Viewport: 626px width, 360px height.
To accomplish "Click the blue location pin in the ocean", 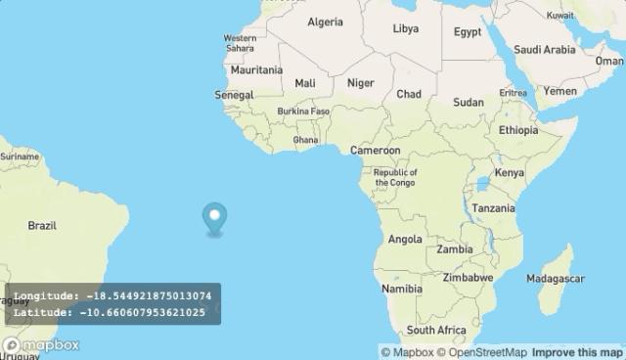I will coord(213,218).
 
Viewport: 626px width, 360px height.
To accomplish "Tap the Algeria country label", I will coord(325,22).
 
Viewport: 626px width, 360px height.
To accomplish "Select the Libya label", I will coord(405,29).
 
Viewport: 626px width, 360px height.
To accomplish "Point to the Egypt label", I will coord(467,32).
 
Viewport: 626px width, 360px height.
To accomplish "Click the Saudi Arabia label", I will coord(544,50).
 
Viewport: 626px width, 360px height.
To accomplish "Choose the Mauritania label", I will coord(256,70).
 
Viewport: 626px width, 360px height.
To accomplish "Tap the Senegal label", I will coord(234,95).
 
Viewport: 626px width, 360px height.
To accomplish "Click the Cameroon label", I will coord(376,151).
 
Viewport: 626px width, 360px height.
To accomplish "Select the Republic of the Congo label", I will coord(395,177).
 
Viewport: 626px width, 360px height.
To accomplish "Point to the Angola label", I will coord(405,240).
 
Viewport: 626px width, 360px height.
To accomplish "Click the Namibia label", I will coord(402,290).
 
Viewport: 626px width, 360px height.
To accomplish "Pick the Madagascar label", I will coord(554,279).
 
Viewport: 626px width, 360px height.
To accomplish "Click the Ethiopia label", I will coord(518,130).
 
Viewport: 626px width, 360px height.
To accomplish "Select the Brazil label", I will coord(42,226).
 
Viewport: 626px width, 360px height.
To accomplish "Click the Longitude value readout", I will coord(148,295).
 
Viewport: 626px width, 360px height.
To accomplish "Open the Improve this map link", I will coord(577,352).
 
